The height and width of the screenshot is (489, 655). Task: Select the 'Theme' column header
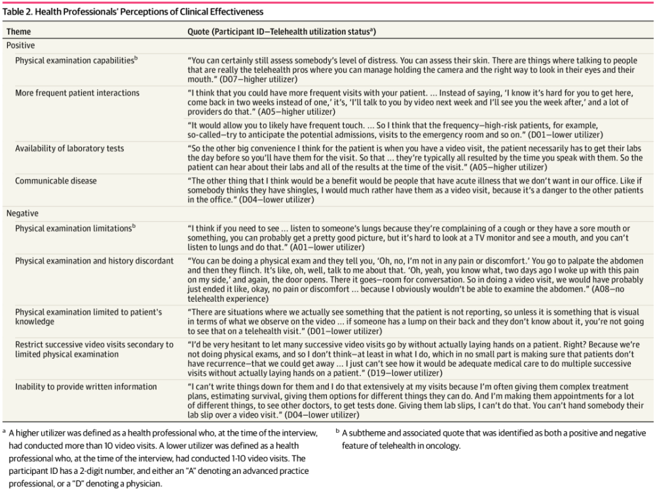click(x=18, y=31)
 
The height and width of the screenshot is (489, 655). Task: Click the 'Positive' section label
click(x=21, y=46)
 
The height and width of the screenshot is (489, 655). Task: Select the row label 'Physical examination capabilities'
click(x=75, y=60)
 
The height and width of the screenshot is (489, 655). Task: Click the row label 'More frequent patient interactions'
click(x=77, y=93)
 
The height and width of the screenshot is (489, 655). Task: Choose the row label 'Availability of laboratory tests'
click(x=69, y=149)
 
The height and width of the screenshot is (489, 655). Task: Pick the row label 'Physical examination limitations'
click(x=75, y=228)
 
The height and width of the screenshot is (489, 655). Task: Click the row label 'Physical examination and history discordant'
click(x=94, y=261)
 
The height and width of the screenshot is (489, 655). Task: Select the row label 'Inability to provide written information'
click(x=86, y=387)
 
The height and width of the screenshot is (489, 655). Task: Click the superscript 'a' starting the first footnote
click(x=4, y=432)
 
